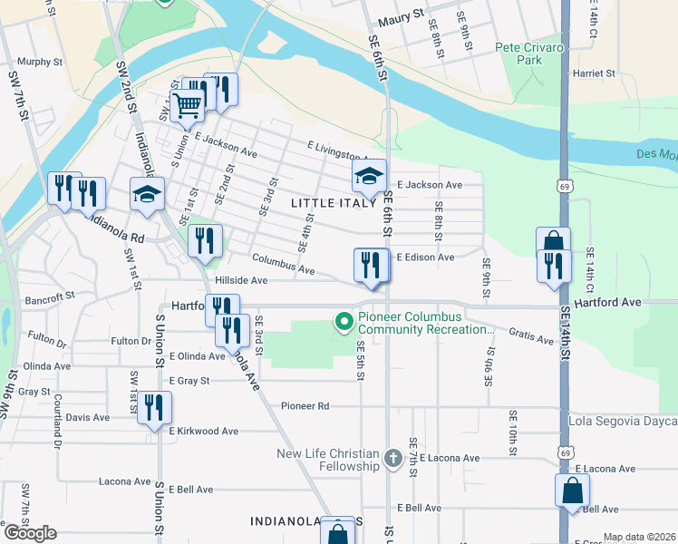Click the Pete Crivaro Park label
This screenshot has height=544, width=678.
[x=518, y=53]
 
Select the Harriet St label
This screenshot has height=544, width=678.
[x=594, y=73]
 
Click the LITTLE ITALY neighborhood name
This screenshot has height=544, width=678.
[x=334, y=203]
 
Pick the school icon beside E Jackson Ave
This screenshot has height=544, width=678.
[x=369, y=176]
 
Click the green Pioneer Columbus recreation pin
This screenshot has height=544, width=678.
[x=344, y=321]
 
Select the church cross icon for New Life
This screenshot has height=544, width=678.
[x=392, y=458]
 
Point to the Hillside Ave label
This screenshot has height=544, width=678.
[x=240, y=281]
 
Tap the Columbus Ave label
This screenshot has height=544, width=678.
[x=283, y=266]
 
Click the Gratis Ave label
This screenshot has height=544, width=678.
[x=531, y=336]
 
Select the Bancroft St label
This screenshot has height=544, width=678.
[x=49, y=296]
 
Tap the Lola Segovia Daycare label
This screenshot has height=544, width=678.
[x=623, y=422]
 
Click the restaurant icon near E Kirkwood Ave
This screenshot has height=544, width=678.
[x=152, y=409]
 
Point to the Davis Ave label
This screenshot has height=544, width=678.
[x=87, y=418]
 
